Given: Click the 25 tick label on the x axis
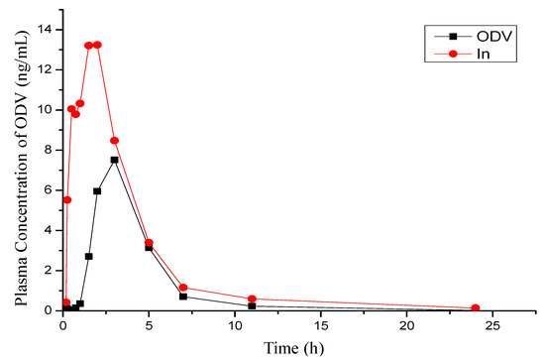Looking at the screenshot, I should (492, 325).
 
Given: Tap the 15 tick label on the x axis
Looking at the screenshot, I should (320, 325).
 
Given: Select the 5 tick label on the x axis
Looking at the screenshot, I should (149, 325).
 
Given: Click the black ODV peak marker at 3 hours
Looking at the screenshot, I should (114, 160).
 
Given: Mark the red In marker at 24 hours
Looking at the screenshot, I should (475, 308).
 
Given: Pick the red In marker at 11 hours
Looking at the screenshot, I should (252, 299).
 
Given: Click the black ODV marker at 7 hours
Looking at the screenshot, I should (183, 297).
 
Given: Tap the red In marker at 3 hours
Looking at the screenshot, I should (114, 141).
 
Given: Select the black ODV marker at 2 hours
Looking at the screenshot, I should (97, 191).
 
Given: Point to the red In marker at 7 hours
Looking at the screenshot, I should (183, 288).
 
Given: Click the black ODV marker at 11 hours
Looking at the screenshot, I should (252, 305).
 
